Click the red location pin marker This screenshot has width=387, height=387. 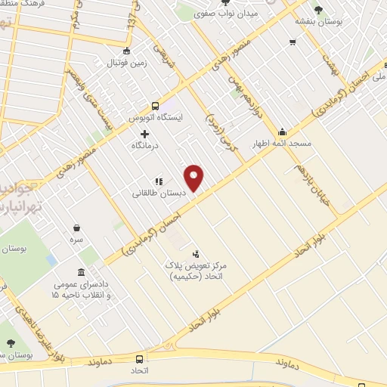pyautogui.click(x=195, y=178)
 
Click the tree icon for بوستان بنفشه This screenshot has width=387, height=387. pyautogui.click(x=317, y=9)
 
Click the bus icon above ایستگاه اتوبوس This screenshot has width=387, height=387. pyautogui.click(x=156, y=106)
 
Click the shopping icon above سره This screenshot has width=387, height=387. pyautogui.click(x=77, y=227)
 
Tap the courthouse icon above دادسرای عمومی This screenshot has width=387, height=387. pyautogui.click(x=80, y=272)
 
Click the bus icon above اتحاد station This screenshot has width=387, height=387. pyautogui.click(x=139, y=359)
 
